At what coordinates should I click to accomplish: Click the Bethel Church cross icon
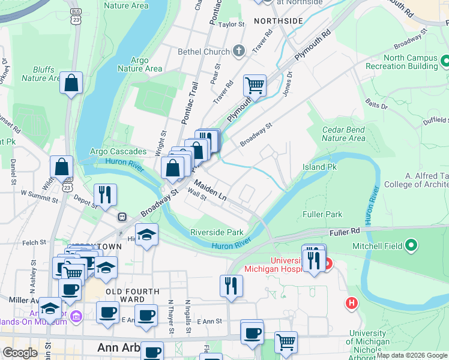click(239, 51)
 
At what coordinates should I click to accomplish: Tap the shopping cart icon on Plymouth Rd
click(255, 85)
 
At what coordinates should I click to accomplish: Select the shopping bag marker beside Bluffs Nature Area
click(71, 84)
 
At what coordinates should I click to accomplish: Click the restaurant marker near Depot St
click(104, 195)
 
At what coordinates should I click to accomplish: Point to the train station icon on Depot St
click(122, 217)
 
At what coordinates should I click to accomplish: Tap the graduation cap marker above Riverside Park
click(146, 235)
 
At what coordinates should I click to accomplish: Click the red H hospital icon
click(351, 304)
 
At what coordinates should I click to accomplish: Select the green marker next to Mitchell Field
click(411, 245)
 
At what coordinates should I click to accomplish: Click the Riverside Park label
click(217, 232)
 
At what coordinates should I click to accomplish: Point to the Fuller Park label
click(323, 214)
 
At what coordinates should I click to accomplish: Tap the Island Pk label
click(319, 167)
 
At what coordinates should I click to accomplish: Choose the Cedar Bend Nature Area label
click(343, 134)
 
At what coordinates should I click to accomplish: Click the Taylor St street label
click(232, 25)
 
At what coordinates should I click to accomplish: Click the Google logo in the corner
click(20, 353)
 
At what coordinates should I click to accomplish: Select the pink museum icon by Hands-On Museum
click(76, 316)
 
